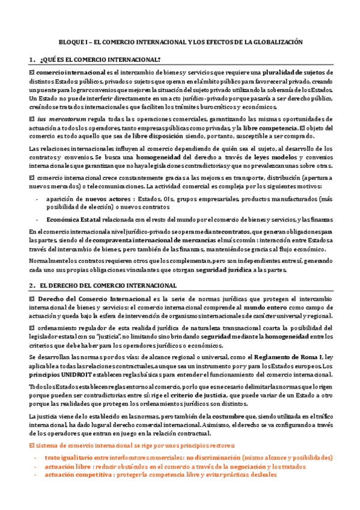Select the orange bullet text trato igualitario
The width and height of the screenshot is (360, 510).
click(72, 457)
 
